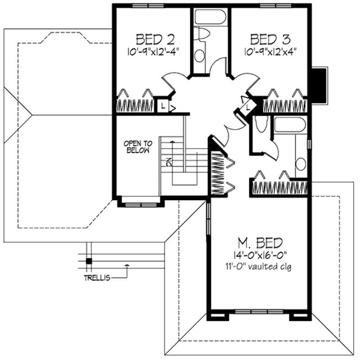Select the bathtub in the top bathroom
(x=210, y=17)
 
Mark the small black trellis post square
(x=89, y=261)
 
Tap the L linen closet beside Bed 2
(x=162, y=106)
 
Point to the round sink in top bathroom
(x=199, y=55)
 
